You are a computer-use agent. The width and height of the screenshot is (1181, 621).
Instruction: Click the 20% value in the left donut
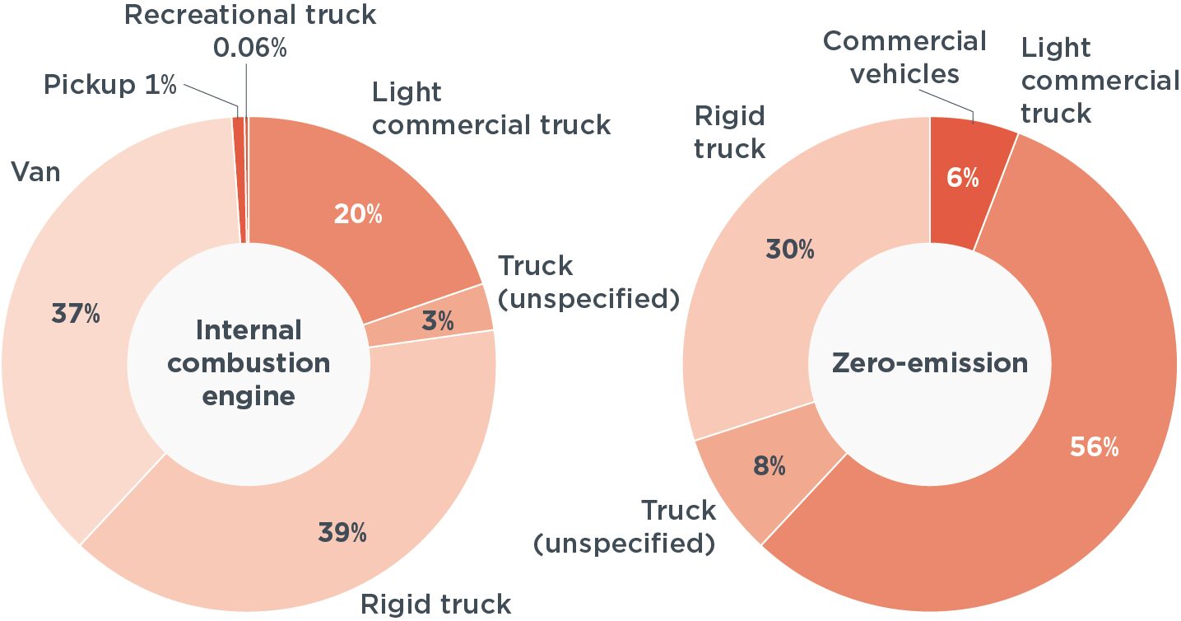(x=358, y=214)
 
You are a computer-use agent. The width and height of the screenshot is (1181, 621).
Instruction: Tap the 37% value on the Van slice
(x=76, y=314)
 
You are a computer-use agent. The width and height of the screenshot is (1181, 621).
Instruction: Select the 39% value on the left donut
(x=342, y=532)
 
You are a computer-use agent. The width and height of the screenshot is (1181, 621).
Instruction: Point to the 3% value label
(x=438, y=320)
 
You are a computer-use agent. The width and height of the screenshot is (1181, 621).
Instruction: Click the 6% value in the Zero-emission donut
(x=963, y=177)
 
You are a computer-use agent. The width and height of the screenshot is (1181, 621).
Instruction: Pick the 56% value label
(x=1094, y=447)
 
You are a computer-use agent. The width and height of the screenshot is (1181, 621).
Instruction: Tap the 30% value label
(x=790, y=249)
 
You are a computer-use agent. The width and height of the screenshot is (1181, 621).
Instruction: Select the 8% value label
(x=770, y=466)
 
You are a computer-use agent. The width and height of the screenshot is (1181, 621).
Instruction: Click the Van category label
(x=36, y=172)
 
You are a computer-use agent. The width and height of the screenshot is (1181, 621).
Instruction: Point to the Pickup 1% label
(x=109, y=84)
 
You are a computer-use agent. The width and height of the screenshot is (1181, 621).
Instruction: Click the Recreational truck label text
(x=250, y=15)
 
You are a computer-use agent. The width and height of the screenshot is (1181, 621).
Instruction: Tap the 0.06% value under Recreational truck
(x=250, y=48)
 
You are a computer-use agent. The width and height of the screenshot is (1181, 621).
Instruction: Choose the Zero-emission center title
(x=930, y=363)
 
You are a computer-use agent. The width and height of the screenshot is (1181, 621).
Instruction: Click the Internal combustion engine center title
(x=249, y=363)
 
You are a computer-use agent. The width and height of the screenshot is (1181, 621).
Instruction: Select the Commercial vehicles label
(x=904, y=57)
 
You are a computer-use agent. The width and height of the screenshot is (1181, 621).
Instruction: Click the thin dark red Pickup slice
(x=239, y=180)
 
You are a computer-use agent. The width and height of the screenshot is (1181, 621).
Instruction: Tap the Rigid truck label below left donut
(x=435, y=605)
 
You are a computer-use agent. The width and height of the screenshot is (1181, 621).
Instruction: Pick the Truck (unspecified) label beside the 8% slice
(x=625, y=527)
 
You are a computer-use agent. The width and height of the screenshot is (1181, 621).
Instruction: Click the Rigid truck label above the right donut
(x=729, y=132)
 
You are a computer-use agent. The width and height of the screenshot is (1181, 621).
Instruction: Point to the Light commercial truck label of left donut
(x=491, y=109)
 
